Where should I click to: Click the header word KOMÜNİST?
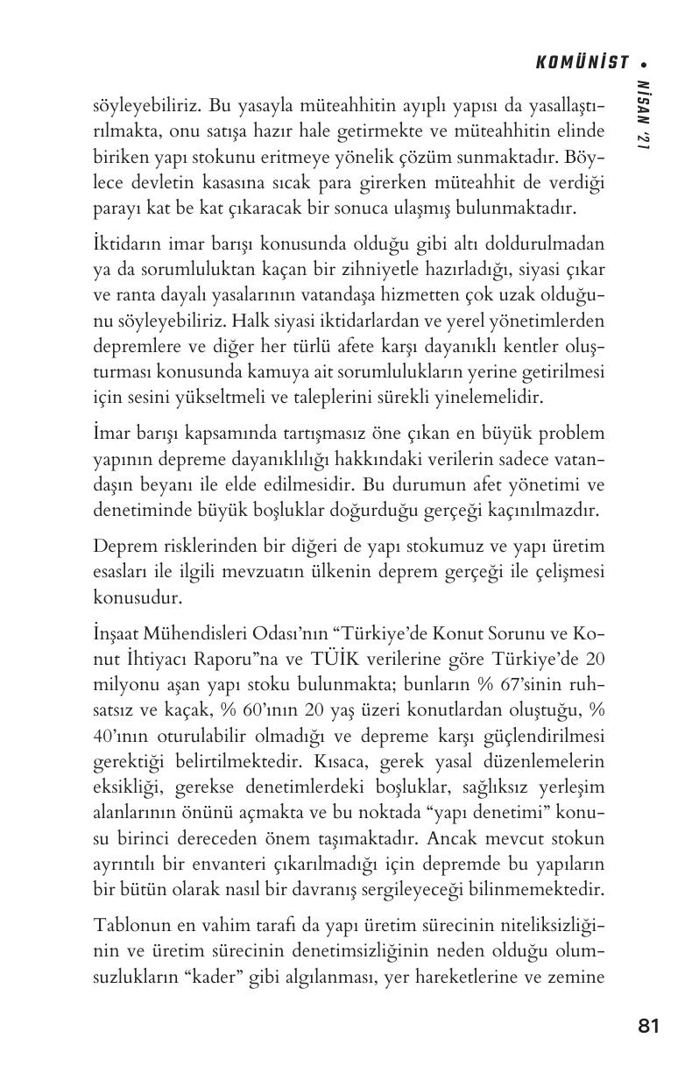(x=582, y=62)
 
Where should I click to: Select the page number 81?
(x=648, y=1026)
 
